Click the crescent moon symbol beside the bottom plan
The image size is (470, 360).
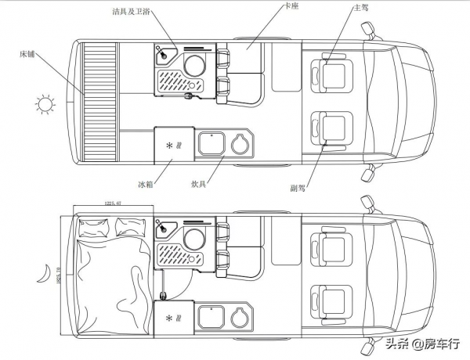pyautogui.click(x=45, y=272)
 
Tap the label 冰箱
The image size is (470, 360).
pyautogui.click(x=146, y=184)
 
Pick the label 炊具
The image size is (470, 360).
pyautogui.click(x=199, y=184)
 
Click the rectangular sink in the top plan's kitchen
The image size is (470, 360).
pyautogui.click(x=211, y=143)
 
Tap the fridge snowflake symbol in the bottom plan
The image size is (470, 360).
pyautogui.click(x=169, y=317)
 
